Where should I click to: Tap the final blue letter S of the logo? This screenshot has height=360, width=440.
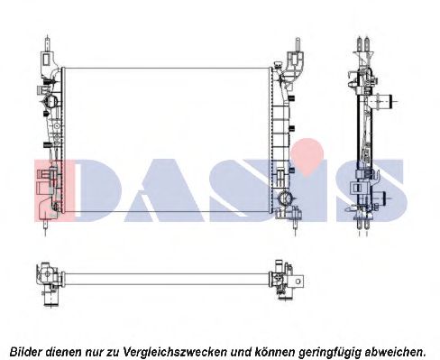(373, 189)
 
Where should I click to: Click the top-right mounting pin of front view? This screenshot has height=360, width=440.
(294, 43)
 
